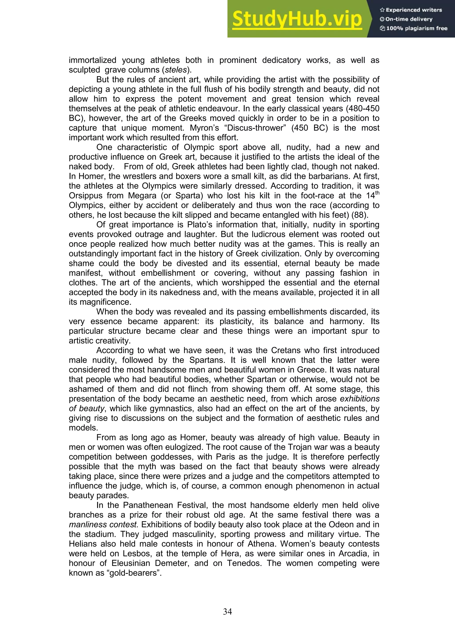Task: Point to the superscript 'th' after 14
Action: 377,193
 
